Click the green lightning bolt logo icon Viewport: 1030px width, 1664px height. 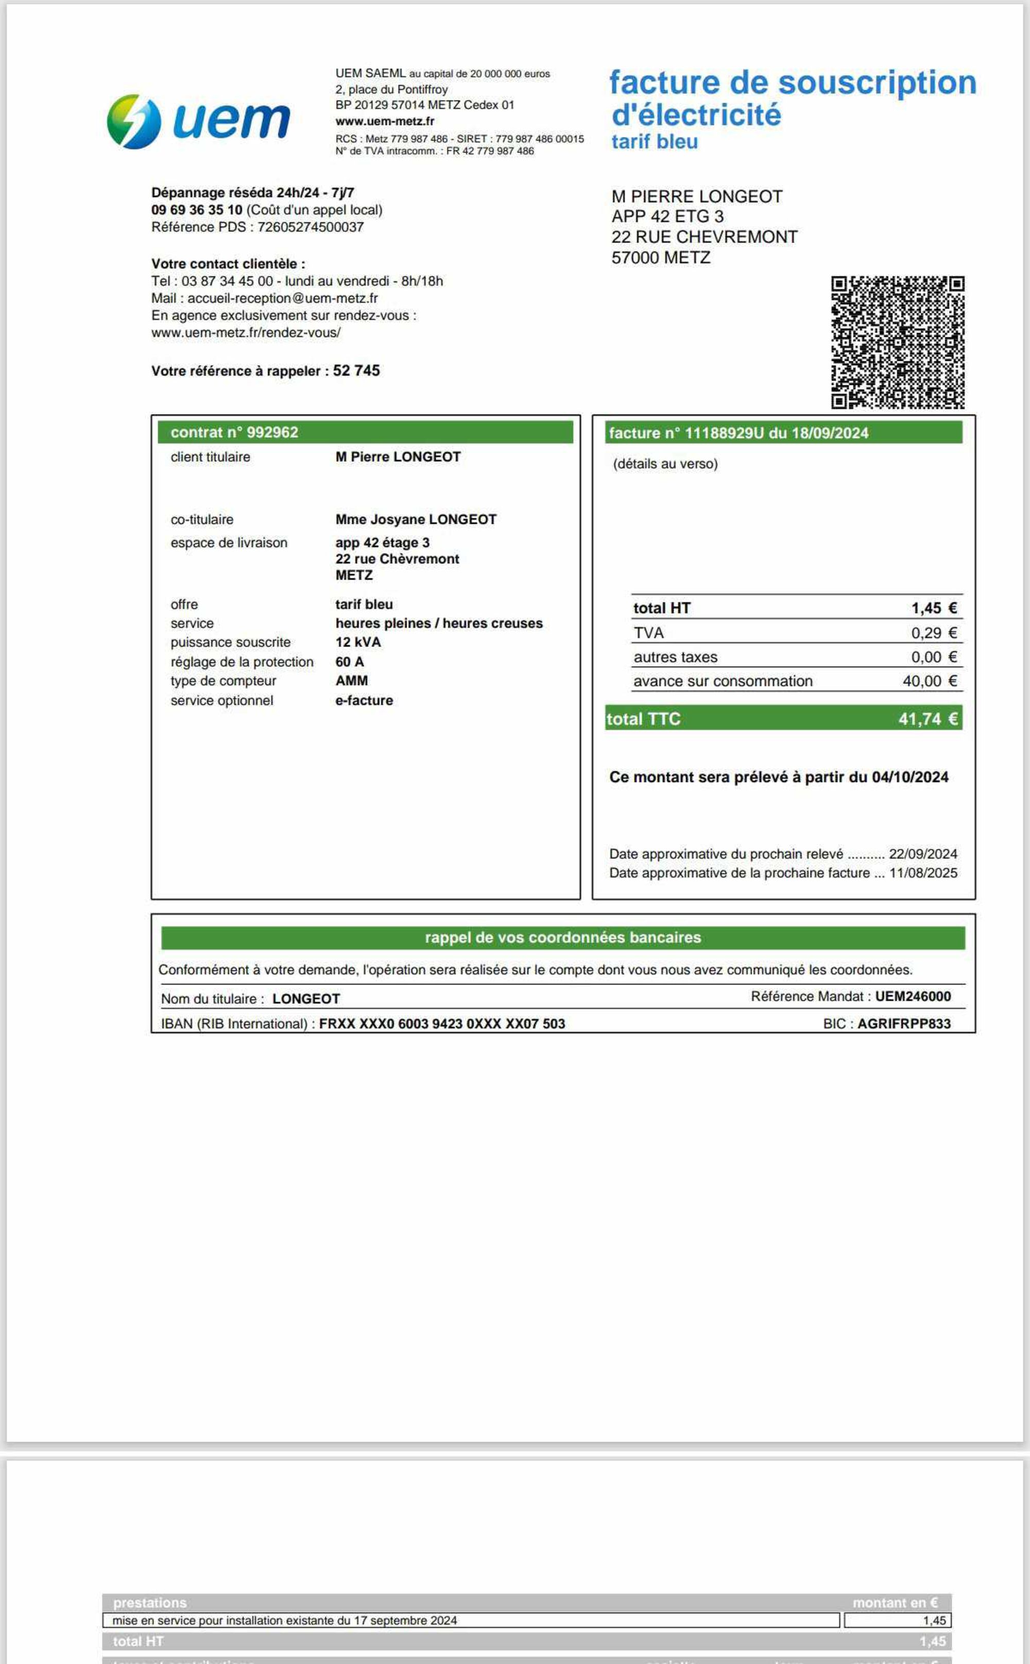133,121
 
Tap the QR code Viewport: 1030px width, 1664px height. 897,342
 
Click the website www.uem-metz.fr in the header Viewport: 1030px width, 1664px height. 384,121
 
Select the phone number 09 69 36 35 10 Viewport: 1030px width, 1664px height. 196,209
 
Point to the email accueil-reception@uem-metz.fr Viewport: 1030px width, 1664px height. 282,298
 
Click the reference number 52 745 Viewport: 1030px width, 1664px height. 356,371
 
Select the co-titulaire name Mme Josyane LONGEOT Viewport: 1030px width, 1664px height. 416,519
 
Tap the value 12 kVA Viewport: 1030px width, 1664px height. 357,642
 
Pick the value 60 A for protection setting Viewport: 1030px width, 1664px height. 350,662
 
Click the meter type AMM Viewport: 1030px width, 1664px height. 352,681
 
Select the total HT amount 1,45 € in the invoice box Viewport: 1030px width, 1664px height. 934,608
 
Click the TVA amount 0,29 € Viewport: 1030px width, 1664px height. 934,633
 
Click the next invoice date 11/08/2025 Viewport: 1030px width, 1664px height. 923,873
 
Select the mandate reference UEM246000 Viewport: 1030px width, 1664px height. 913,996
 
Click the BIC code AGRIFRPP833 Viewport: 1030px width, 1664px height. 903,1023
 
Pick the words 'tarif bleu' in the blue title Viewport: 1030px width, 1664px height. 655,142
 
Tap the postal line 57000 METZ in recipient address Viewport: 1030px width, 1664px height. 661,257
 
